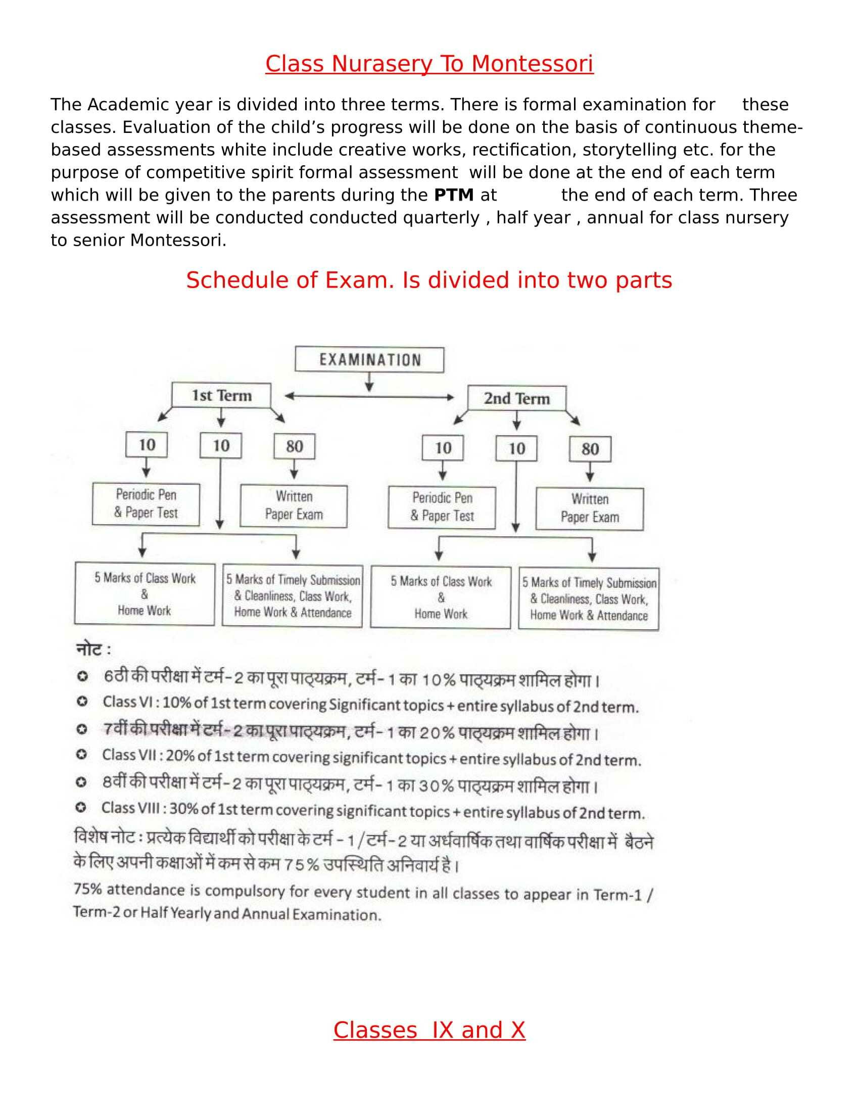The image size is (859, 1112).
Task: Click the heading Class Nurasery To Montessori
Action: tap(429, 64)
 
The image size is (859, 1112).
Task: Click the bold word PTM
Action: tap(453, 195)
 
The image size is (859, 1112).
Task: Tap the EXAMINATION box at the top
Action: tap(369, 360)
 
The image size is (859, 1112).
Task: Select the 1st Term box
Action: tap(221, 396)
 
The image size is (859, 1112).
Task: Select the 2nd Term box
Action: tap(516, 398)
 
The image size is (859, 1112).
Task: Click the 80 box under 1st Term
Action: tap(294, 446)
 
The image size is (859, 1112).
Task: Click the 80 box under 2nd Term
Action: tap(590, 448)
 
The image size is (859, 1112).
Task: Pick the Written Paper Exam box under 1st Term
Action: tap(294, 505)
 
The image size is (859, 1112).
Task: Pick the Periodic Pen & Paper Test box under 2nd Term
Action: tap(442, 507)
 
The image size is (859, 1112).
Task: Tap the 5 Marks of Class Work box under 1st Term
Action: tap(145, 594)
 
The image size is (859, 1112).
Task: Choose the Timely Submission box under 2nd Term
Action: tap(589, 599)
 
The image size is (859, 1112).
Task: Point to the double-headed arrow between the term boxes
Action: tap(369, 397)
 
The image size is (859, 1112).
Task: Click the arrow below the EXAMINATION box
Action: tap(369, 382)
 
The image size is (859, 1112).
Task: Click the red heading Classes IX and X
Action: tap(429, 1030)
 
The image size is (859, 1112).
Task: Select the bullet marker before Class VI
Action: tap(81, 702)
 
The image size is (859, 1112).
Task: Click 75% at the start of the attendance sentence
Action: tap(87, 889)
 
